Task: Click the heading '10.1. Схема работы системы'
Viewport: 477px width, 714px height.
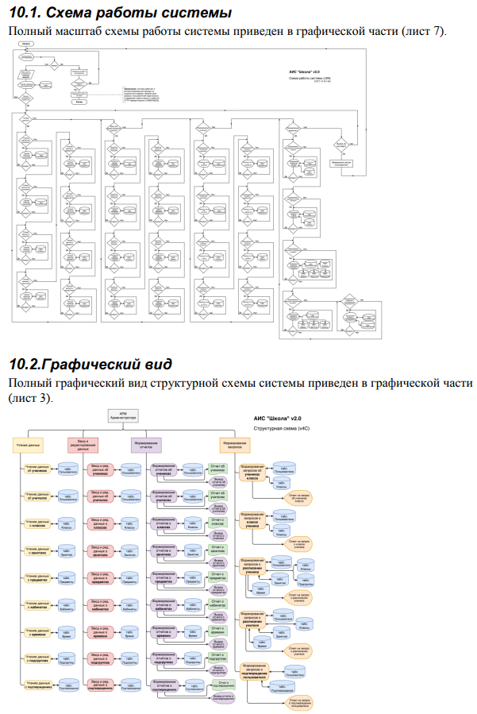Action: coord(120,14)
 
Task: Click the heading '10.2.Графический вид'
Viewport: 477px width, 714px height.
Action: coord(90,365)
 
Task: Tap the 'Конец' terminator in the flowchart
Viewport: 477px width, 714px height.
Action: coord(79,102)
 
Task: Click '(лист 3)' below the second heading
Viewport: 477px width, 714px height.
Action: coord(29,398)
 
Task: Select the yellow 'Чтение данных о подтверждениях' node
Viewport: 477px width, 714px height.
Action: coord(37,685)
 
